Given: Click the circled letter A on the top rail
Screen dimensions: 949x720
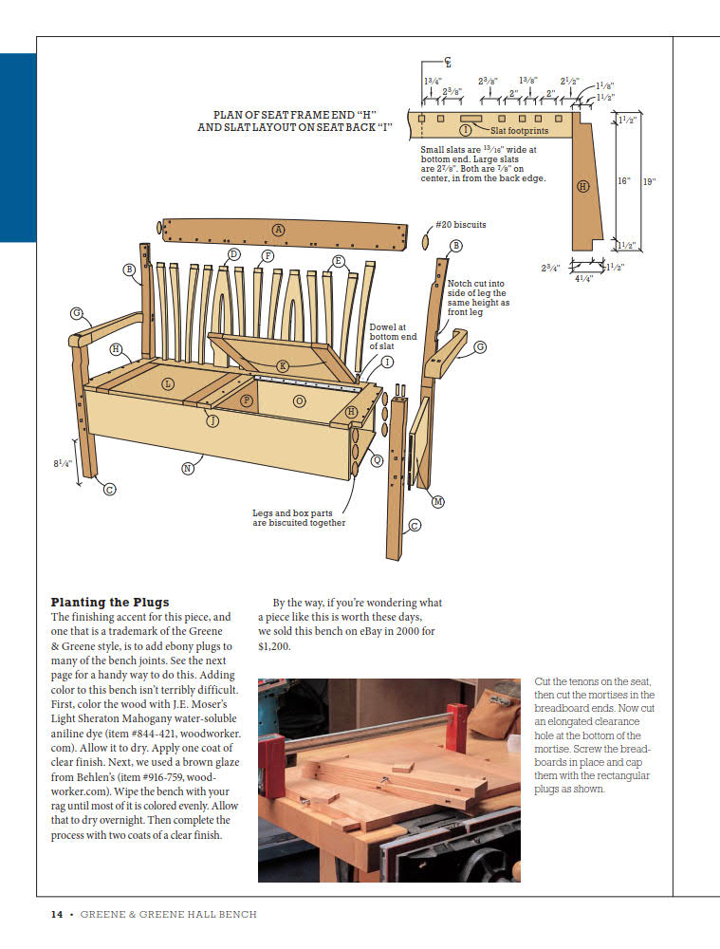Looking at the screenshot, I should [278, 229].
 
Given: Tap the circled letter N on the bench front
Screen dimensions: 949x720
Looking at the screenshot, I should [187, 468].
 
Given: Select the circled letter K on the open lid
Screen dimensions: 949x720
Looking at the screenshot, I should [283, 366].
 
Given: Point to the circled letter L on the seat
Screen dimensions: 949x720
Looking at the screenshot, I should [168, 383].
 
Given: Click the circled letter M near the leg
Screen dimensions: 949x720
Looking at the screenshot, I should [437, 501].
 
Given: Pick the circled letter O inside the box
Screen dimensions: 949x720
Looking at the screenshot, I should [300, 401].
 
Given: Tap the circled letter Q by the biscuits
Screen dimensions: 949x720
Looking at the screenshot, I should [377, 460].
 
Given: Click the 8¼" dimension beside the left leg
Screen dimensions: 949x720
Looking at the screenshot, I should [63, 464].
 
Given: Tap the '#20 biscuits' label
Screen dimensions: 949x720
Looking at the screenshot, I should [460, 225].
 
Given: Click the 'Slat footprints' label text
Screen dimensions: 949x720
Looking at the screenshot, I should [519, 131].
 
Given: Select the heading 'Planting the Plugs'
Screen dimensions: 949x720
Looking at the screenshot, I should [110, 602].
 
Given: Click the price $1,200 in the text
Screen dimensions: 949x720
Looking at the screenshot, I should [274, 646].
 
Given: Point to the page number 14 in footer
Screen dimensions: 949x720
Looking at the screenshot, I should [57, 914].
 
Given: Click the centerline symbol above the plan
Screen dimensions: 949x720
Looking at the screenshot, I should [448, 62].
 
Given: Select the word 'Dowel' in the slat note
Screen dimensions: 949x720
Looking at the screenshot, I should [382, 327].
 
